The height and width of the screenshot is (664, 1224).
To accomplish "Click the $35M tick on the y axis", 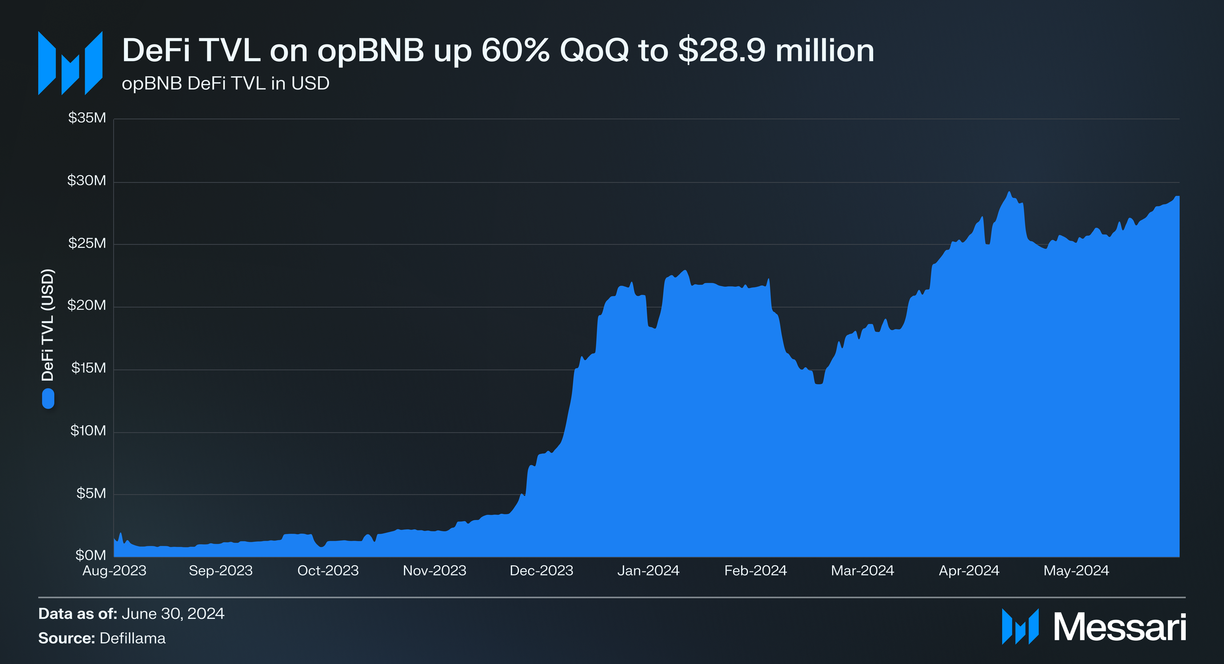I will (87, 118).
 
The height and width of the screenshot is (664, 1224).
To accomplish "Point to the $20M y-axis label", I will (87, 306).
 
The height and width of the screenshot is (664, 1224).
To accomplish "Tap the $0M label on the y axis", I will (90, 555).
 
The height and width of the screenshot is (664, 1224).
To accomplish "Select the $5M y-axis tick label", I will (91, 493).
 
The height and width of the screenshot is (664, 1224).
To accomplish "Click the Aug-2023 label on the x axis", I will (114, 571).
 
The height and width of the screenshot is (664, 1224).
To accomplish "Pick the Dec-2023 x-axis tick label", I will (541, 571).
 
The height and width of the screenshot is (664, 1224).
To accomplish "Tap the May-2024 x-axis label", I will (1076, 571).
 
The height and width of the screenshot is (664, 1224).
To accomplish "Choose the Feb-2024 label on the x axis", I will (755, 571).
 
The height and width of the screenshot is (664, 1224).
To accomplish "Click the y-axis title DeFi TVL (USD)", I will (48, 325).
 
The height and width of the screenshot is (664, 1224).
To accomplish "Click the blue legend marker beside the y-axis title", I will (48, 398).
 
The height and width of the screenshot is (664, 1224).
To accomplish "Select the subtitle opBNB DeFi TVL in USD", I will (226, 84).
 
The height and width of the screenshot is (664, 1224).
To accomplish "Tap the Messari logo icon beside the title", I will (70, 63).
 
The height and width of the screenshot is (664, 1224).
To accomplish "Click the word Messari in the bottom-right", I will (1119, 627).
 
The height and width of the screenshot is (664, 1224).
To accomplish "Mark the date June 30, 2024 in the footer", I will (173, 614).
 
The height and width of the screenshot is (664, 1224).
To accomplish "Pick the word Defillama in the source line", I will (133, 638).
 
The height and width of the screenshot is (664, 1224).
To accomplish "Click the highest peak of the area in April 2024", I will (1009, 193).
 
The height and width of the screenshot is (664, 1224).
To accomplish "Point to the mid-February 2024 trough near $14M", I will (819, 383).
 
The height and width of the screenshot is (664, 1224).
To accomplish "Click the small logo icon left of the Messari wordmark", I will (1020, 627).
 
